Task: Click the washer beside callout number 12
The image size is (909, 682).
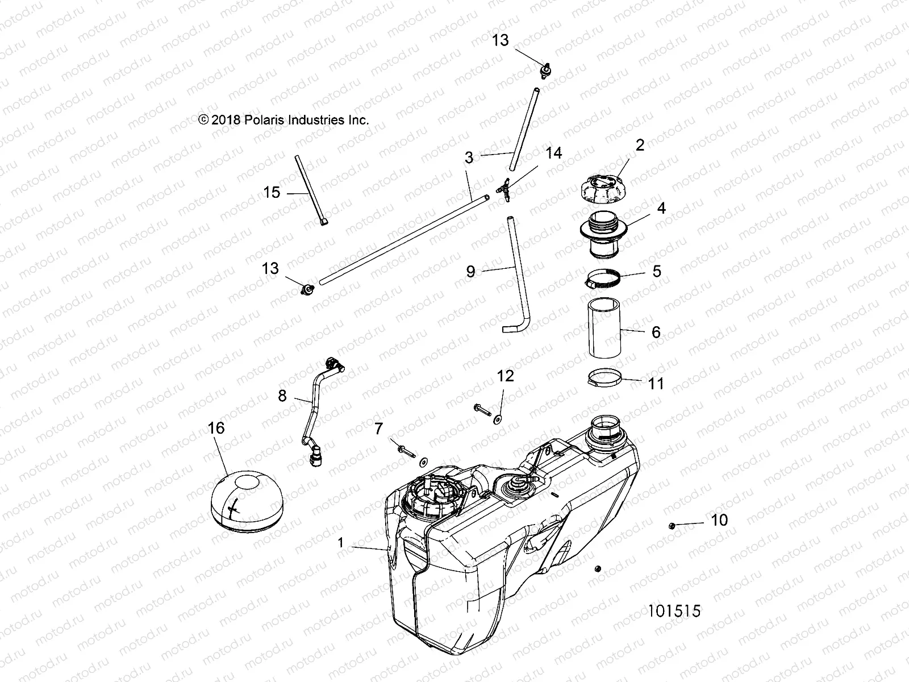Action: coord(498,419)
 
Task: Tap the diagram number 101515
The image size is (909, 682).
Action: coord(674,611)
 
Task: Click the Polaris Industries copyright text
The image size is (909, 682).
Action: coord(283,120)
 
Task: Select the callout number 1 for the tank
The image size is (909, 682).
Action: coord(341,543)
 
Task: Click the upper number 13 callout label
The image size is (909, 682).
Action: coord(501,40)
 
